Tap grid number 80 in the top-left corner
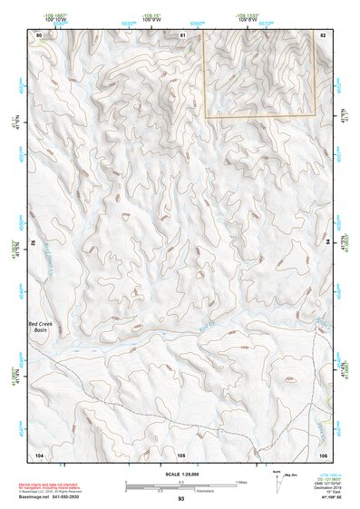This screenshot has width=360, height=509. click(38, 34)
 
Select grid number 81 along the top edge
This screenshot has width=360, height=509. click(182, 34)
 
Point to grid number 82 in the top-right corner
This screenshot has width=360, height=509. click(322, 34)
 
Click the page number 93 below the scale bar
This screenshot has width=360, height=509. click(180, 499)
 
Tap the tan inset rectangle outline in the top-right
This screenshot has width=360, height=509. click(259, 117)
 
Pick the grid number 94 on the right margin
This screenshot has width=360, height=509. click(326, 244)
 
